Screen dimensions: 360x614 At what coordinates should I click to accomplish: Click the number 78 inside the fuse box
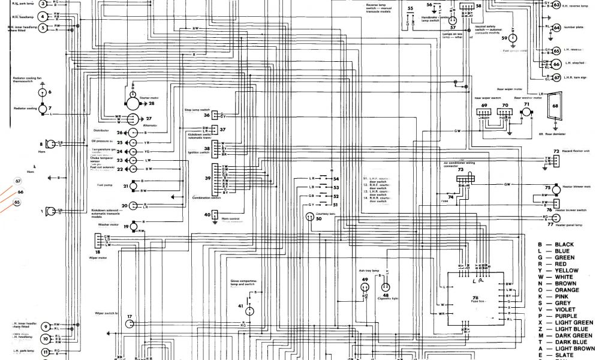pos(475,298)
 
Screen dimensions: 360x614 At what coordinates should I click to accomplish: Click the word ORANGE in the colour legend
pos(567,290)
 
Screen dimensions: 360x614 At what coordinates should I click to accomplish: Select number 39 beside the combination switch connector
pos(207,179)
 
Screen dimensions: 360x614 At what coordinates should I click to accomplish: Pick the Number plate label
pos(573,28)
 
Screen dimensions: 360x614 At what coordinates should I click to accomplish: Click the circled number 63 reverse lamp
pos(556,5)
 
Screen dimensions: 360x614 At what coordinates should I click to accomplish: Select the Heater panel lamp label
pos(569,225)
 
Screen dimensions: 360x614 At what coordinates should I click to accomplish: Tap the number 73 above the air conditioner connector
pos(460,170)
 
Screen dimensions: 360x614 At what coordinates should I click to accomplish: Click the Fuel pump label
pos(106,185)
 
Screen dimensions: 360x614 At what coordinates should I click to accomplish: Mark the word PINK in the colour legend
pos(562,296)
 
